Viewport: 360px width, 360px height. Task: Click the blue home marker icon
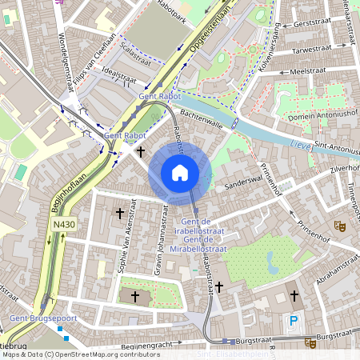180,172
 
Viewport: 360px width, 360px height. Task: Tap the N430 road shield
64,225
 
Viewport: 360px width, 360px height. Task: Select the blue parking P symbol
294,322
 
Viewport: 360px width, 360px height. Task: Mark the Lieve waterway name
302,145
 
